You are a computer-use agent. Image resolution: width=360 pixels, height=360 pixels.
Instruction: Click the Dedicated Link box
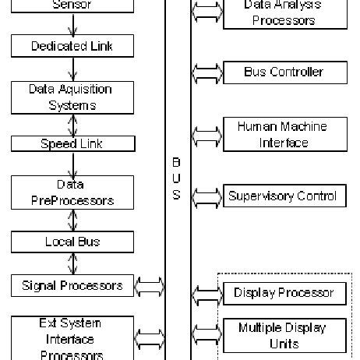[72, 46]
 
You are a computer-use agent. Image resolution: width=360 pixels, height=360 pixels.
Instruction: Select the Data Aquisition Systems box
[72, 97]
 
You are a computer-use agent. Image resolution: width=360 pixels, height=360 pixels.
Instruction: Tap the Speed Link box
[72, 143]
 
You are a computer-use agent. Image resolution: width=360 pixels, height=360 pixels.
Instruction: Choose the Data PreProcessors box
[72, 192]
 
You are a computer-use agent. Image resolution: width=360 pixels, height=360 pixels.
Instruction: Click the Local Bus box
[72, 242]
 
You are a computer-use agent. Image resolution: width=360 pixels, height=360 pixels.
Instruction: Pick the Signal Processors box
[72, 286]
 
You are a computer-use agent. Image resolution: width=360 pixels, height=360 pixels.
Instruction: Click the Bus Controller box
[284, 73]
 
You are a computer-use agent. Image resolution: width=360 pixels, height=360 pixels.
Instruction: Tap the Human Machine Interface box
[284, 134]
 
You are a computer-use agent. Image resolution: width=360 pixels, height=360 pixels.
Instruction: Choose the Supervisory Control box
[284, 196]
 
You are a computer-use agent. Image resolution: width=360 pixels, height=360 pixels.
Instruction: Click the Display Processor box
[284, 293]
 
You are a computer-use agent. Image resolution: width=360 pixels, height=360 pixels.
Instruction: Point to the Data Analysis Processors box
[284, 13]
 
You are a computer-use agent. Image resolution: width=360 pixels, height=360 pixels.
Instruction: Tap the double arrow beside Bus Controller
[206, 74]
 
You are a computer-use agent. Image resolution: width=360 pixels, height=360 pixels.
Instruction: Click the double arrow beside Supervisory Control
[206, 196]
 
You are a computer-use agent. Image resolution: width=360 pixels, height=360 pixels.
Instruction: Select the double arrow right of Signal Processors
[149, 287]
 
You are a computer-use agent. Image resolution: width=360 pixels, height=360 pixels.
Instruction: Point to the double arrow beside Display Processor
[206, 294]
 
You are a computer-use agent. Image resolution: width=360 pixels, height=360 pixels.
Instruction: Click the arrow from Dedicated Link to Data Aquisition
[72, 67]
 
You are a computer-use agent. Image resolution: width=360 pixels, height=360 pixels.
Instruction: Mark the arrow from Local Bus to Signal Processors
[72, 263]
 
